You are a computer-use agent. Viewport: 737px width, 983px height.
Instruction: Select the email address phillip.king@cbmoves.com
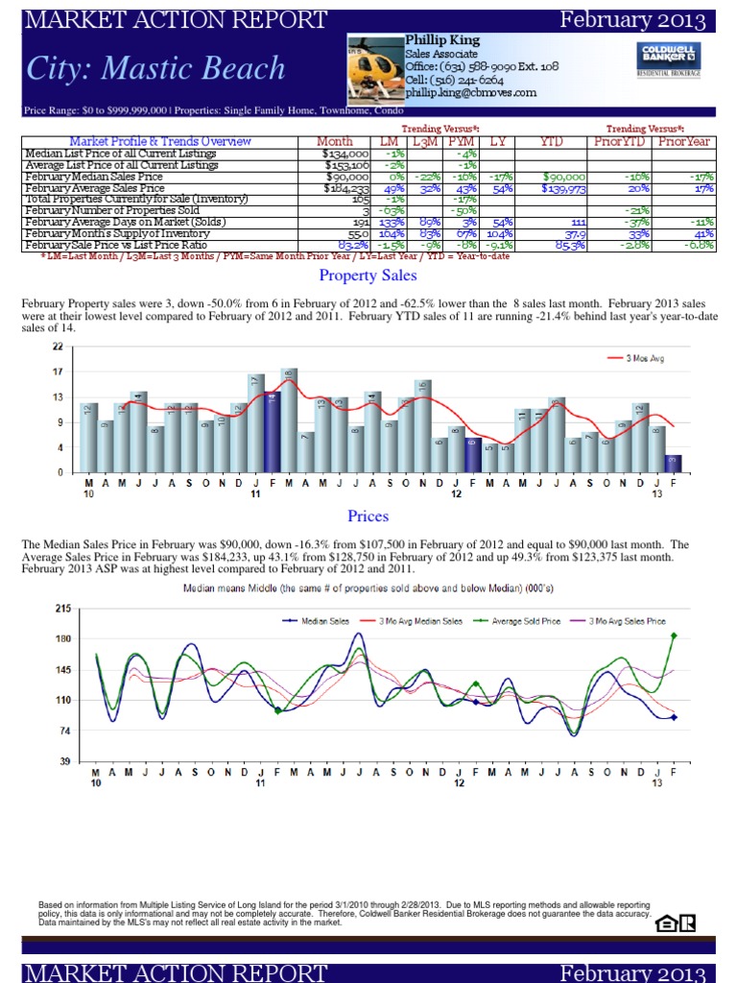pos(470,93)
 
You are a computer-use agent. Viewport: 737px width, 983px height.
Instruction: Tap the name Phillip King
pos(442,40)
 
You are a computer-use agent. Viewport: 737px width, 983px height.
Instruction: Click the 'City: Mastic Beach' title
pos(156,68)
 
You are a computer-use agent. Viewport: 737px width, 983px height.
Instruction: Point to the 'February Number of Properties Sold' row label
pos(113,211)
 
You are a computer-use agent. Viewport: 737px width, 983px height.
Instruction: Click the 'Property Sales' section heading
pos(368,276)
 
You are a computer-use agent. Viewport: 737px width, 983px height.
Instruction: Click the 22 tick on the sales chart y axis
pos(58,347)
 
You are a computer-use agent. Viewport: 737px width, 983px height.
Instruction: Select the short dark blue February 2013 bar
pos(674,463)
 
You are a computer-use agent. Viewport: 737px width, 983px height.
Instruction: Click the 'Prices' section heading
pos(368,516)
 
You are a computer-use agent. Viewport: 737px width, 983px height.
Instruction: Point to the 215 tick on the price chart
pos(64,609)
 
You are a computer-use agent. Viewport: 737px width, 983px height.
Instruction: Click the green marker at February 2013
pos(674,635)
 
